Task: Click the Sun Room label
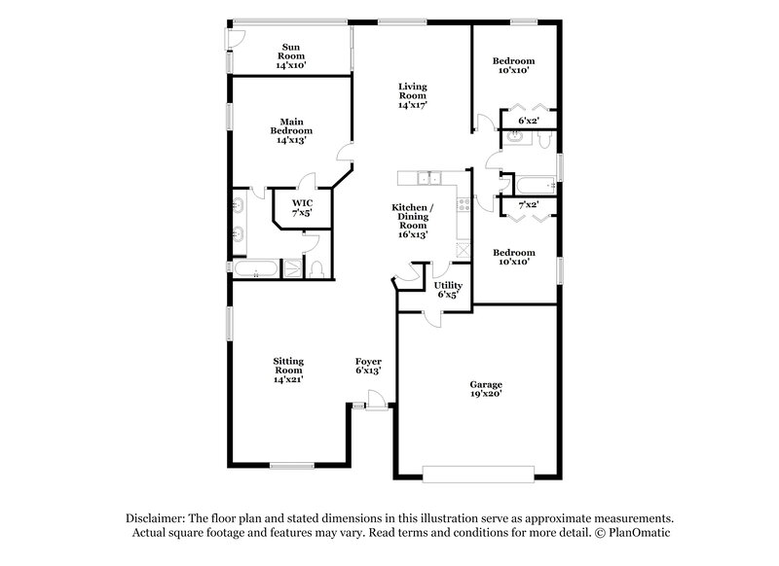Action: pyautogui.click(x=290, y=55)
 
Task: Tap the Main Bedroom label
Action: pyautogui.click(x=291, y=130)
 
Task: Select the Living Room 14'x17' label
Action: pyautogui.click(x=412, y=96)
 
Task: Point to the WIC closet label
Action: pyautogui.click(x=302, y=207)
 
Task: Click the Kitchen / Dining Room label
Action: pyautogui.click(x=413, y=217)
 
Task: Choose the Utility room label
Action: pyautogui.click(x=448, y=289)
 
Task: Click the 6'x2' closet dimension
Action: pyautogui.click(x=529, y=121)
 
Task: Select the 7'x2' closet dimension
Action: pyautogui.click(x=529, y=205)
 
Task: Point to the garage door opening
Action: pyautogui.click(x=478, y=473)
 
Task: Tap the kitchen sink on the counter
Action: pyautogui.click(x=428, y=177)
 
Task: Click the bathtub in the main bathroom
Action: pyautogui.click(x=253, y=268)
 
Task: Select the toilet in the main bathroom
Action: pyautogui.click(x=316, y=269)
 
